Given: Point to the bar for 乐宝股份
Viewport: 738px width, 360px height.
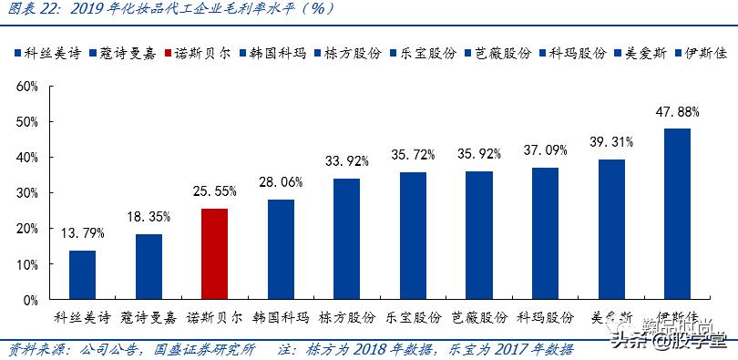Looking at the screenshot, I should (x=413, y=235).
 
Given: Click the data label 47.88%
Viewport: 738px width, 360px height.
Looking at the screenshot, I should (x=677, y=112).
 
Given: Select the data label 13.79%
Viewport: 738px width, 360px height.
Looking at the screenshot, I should (x=83, y=233).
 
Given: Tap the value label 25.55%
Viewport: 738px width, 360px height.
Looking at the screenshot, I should (x=214, y=191).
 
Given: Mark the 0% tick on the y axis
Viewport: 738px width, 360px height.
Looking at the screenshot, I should (x=29, y=300).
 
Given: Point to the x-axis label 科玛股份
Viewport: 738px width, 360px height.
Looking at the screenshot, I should (x=545, y=318).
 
